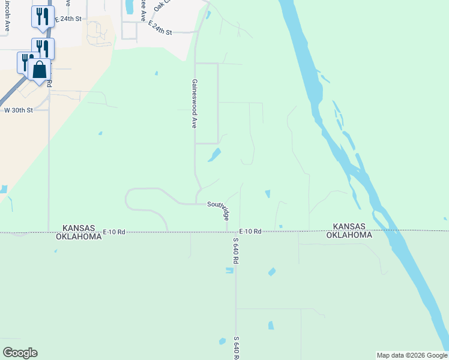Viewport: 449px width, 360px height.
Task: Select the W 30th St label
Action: tap(18, 110)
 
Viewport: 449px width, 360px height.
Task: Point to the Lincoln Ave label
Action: tap(7, 17)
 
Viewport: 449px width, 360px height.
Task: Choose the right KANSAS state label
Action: tap(349, 226)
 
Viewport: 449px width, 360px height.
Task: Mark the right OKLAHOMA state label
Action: tap(349, 235)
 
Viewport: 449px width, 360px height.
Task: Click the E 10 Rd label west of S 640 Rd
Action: tap(113, 232)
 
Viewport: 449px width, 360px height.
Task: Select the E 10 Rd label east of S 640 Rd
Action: tap(250, 232)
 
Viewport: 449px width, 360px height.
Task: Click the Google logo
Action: tap(20, 353)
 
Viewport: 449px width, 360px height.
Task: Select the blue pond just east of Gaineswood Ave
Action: tap(214, 155)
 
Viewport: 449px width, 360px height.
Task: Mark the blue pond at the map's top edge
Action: tap(129, 7)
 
